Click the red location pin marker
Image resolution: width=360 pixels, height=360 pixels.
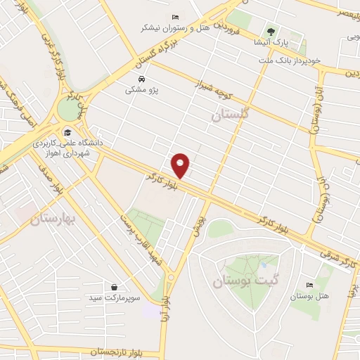click(181, 165)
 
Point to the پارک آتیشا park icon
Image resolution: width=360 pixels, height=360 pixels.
click(271, 31)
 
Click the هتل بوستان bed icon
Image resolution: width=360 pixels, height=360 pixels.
click(309, 285)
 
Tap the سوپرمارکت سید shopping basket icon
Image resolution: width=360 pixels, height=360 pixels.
click(114, 287)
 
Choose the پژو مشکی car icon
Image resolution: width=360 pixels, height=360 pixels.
click(143, 79)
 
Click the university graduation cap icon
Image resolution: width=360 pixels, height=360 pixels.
click(67, 131)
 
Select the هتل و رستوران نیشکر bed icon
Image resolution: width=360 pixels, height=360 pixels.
click(175, 17)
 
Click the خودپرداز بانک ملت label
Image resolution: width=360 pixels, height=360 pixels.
click(288, 60)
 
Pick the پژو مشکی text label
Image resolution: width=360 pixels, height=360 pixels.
click(143, 90)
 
